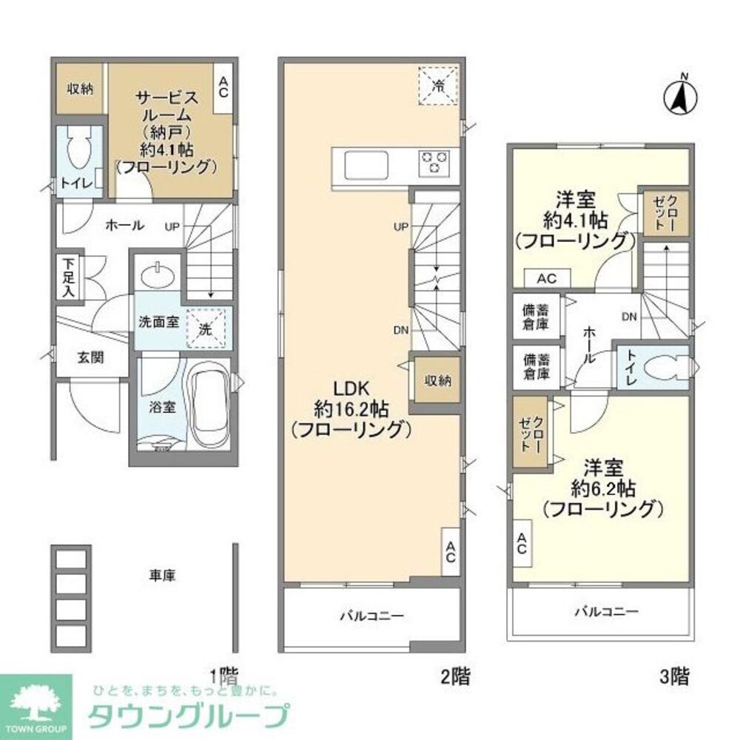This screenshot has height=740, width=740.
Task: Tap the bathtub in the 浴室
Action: [208, 406]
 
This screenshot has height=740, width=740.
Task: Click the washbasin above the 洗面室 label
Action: [158, 275]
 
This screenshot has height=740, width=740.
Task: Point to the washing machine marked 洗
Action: [208, 326]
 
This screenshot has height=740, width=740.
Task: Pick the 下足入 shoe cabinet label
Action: [68, 277]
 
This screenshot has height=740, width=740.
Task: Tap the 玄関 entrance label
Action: [92, 357]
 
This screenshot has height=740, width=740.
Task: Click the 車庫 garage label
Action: [162, 575]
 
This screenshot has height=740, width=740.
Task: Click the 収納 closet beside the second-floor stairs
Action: [437, 380]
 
